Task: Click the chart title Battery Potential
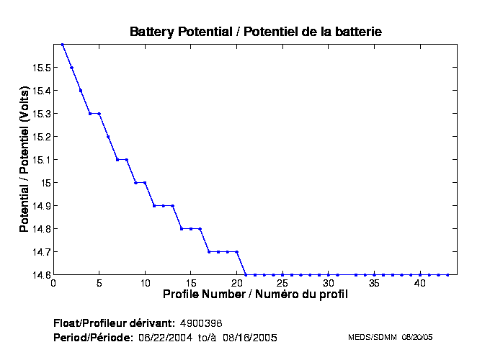255,32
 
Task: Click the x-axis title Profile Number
255,294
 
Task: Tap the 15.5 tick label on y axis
40,68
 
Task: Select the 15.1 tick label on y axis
40,160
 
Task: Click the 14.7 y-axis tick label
40,252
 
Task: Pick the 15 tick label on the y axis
45,183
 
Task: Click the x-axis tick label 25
282,283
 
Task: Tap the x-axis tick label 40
420,283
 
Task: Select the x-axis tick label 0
53,283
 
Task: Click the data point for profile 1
63,45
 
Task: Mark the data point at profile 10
145,183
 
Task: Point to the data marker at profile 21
246,274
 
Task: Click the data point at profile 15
191,229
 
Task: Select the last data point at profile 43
447,274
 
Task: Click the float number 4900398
205,322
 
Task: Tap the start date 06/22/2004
166,337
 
